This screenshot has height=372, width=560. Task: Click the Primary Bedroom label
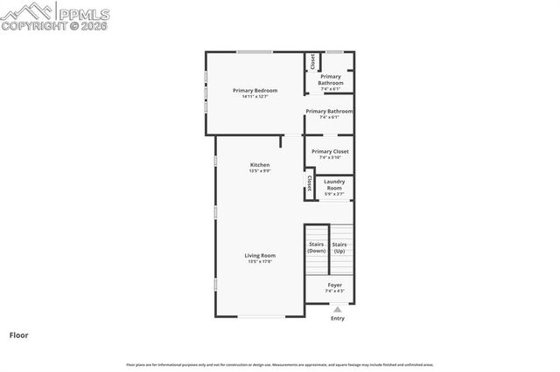255,91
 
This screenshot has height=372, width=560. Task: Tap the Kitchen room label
260,165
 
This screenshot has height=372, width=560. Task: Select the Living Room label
261,255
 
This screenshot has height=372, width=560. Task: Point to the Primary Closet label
330,151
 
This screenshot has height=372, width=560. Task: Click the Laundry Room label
334,184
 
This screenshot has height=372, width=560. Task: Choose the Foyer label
335,285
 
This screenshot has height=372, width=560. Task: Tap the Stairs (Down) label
316,247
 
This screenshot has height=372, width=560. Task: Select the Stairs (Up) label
339,247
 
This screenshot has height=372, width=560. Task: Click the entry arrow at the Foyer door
338,308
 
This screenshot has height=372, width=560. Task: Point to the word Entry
338,318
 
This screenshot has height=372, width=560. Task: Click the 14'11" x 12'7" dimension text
255,96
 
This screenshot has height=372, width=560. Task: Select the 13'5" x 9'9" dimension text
260,171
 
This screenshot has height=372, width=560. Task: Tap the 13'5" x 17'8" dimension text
261,261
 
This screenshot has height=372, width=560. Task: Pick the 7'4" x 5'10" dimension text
330,157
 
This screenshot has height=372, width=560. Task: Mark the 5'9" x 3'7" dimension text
334,194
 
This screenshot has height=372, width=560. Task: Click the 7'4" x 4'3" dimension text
335,291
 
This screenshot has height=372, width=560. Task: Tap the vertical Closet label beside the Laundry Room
309,183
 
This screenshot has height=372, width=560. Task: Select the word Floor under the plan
19,334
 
